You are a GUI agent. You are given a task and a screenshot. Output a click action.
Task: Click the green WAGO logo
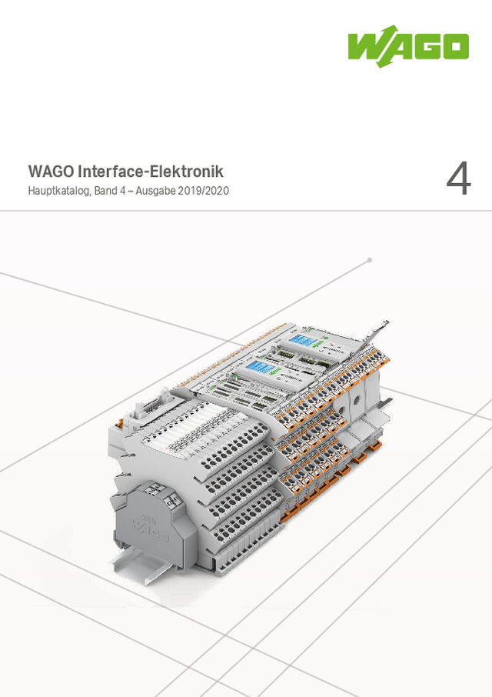(407, 48)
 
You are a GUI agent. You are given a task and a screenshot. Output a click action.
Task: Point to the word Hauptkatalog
(58, 190)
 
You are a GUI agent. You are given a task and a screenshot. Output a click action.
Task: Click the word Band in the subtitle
(107, 190)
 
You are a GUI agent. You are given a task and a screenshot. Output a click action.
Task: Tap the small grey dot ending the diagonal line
(370, 260)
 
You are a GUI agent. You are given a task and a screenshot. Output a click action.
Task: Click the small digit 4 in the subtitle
(127, 190)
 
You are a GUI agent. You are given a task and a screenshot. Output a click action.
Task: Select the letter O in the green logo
(454, 48)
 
